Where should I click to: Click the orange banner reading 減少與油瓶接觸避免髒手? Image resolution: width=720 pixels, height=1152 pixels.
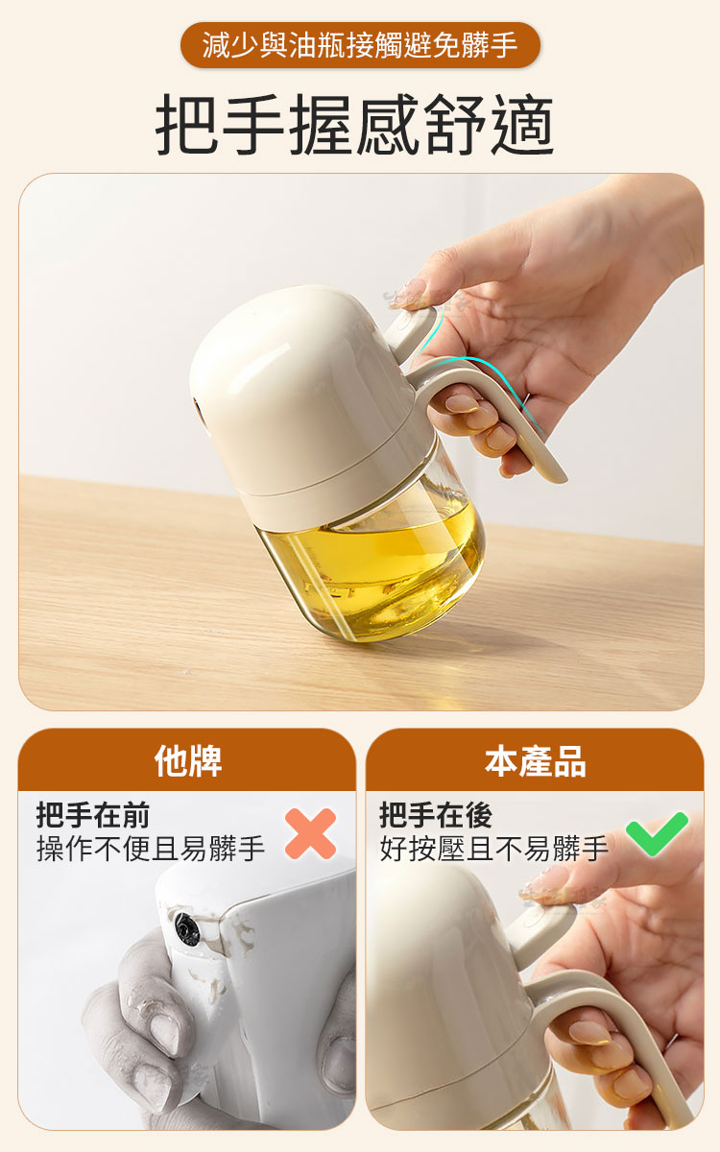[x=360, y=45]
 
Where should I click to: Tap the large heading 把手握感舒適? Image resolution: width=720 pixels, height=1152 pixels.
[x=355, y=125]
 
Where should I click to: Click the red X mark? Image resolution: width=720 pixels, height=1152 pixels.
[x=311, y=833]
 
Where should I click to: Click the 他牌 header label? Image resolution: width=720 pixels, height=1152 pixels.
[x=188, y=761]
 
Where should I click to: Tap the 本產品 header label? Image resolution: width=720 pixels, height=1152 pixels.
[x=535, y=761]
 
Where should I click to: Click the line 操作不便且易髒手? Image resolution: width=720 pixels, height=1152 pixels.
[x=151, y=849]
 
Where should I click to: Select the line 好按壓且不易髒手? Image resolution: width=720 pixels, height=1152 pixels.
[x=494, y=849]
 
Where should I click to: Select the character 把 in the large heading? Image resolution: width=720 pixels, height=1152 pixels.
[x=186, y=125]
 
